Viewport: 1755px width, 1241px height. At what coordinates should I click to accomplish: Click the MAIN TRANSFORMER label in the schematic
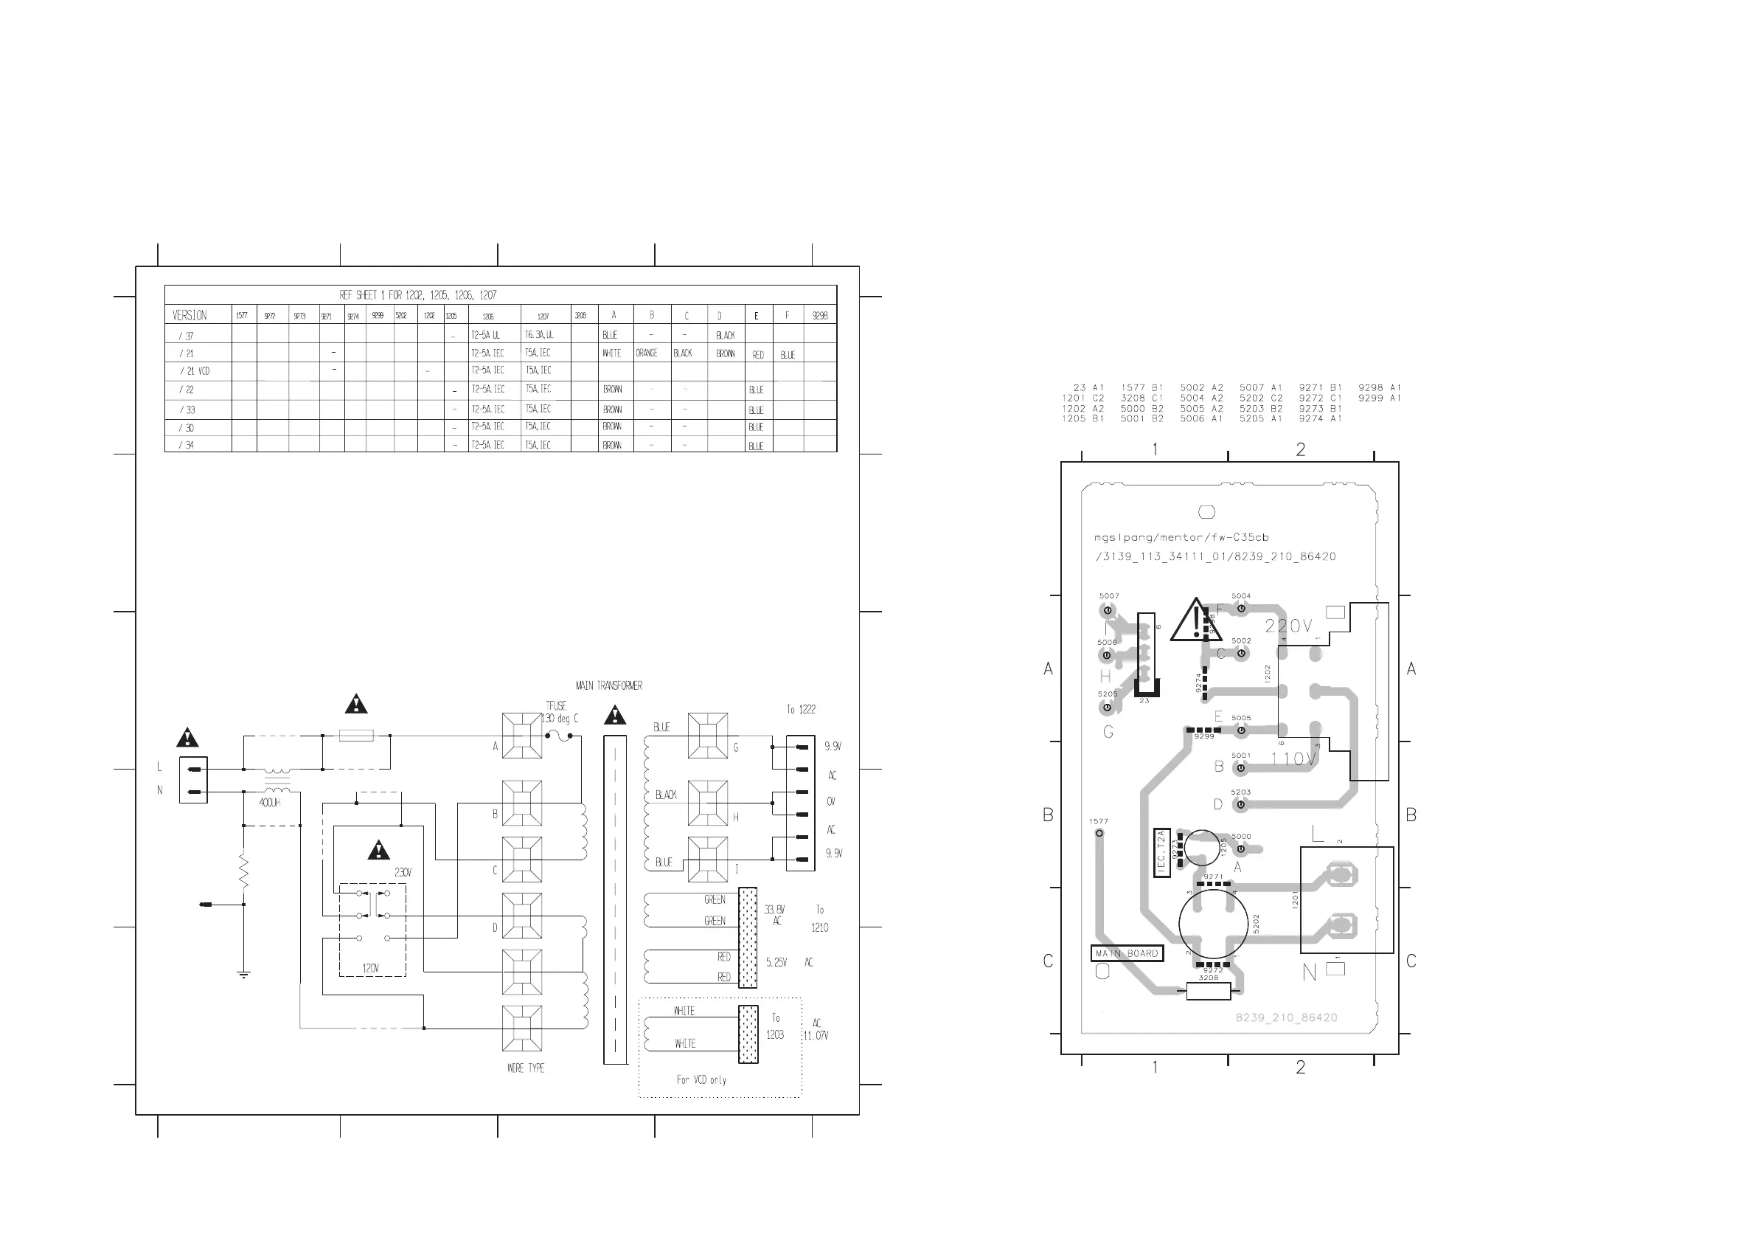pos(608,686)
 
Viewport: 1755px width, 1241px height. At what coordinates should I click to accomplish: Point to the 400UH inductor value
pos(269,803)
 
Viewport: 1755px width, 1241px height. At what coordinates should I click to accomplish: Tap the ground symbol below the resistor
pos(244,975)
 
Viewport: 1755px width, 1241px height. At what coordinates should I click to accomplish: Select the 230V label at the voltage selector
pos(403,872)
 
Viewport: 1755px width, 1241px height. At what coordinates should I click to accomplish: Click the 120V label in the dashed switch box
pos(371,968)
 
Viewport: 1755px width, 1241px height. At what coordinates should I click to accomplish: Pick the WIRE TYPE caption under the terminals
pos(526,1068)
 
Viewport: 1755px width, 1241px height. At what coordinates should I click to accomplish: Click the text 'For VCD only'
pos(701,1079)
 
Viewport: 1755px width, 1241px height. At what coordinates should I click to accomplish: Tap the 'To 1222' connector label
pos(801,710)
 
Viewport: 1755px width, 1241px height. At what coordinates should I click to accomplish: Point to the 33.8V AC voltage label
pos(774,914)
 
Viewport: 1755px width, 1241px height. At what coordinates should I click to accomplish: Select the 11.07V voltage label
pos(816,1035)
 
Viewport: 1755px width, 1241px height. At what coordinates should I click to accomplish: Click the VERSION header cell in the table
pos(190,315)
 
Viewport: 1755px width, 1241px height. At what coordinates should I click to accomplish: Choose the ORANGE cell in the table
pos(647,353)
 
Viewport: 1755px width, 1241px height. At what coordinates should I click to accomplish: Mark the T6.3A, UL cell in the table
pos(539,335)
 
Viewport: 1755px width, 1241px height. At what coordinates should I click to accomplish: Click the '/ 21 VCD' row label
pos(194,371)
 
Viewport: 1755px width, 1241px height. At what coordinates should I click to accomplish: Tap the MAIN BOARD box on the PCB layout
pos(1127,953)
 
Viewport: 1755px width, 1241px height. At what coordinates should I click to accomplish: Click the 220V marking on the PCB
pos(1288,626)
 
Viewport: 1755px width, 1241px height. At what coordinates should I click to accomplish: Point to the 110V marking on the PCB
pos(1293,758)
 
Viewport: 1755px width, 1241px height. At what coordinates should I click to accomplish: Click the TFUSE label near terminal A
pos(556,706)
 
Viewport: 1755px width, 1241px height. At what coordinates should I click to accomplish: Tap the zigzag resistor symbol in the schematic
pos(244,871)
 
